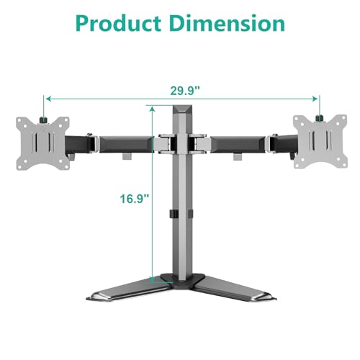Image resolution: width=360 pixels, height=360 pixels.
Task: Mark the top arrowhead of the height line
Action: coord(153,109)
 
